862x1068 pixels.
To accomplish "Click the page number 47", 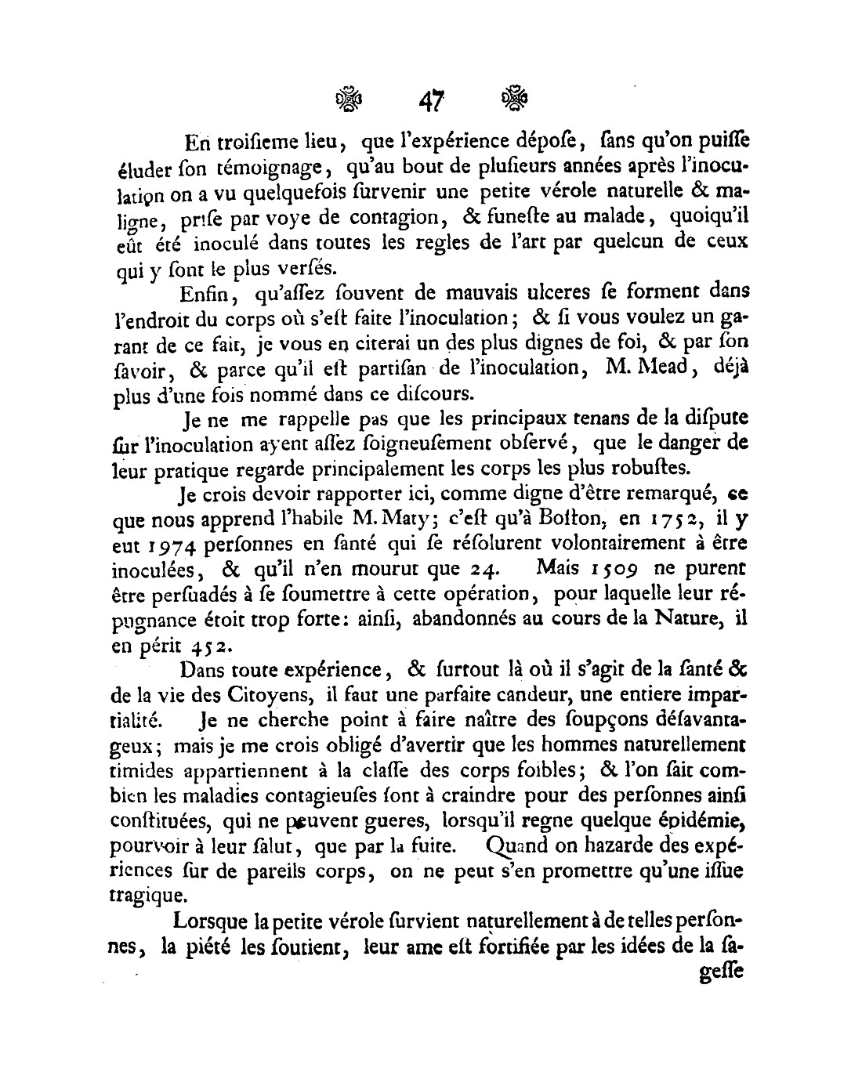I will pos(432,100).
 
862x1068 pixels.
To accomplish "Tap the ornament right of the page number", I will pos(513,99).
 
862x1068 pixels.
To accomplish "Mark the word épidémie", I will pos(702,820).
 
